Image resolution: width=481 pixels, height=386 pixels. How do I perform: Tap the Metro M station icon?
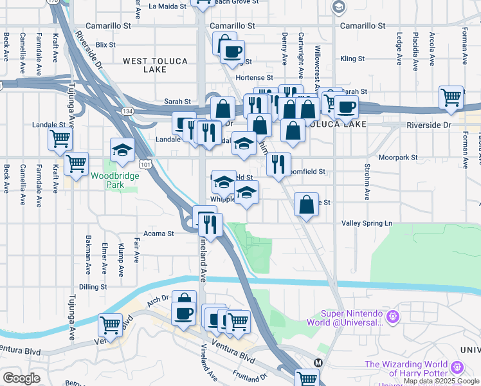coord(318,362)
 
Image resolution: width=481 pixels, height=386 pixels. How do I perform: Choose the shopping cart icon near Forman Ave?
coord(451,98)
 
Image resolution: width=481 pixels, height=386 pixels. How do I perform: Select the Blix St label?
coord(105,45)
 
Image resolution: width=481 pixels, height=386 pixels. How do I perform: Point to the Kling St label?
coord(353,59)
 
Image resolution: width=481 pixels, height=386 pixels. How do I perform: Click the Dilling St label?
coord(93,287)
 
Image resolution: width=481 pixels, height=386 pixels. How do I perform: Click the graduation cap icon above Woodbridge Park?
coord(122,150)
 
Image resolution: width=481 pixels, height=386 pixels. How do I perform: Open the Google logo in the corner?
coord(21,378)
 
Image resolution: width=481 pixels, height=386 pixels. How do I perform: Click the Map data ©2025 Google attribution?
coord(442,381)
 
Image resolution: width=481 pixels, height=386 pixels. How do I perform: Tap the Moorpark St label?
coord(397,157)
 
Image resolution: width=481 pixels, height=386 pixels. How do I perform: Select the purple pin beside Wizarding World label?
coord(458,367)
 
